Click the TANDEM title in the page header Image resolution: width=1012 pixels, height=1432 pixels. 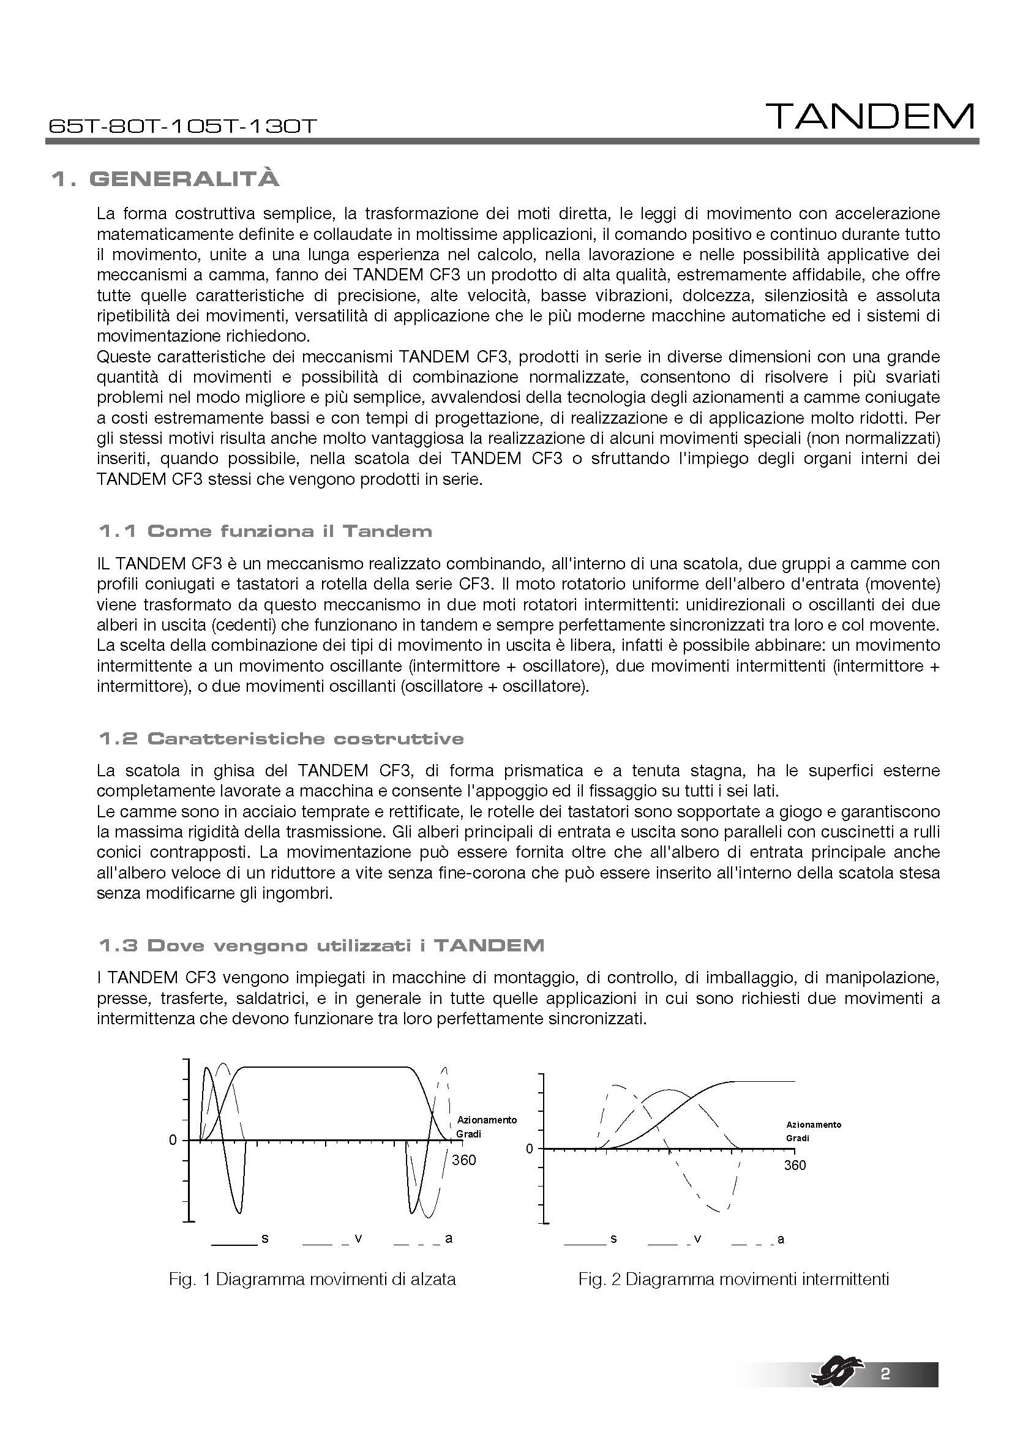[x=870, y=117]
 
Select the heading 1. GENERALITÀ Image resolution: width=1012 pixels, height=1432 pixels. [x=165, y=179]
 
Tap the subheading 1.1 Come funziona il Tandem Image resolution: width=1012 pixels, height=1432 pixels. [x=265, y=531]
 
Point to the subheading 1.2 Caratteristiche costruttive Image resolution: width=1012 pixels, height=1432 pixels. [x=280, y=738]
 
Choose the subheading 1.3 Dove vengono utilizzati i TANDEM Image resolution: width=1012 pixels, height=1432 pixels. [x=321, y=945]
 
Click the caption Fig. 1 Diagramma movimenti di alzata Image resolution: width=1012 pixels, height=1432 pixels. [x=312, y=1279]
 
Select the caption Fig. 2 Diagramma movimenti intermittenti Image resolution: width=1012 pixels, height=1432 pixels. [x=733, y=1279]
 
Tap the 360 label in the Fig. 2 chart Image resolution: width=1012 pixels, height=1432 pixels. [x=795, y=1165]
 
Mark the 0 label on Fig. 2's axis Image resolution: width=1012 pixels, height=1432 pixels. [x=530, y=1149]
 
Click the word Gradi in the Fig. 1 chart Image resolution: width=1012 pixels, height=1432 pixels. [x=469, y=1133]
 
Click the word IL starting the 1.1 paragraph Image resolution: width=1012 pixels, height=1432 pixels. [x=103, y=564]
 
